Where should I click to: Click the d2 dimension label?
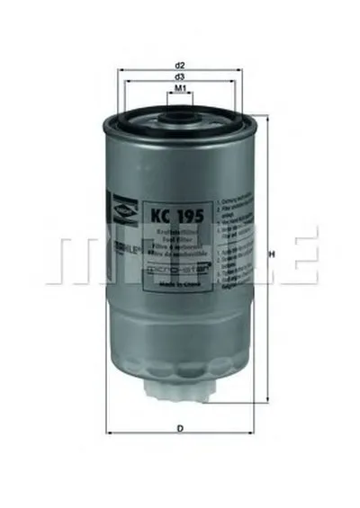point(180,66)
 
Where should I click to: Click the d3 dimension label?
point(180,78)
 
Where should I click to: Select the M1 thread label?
point(180,91)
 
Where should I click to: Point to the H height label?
point(272,254)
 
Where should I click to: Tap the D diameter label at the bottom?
point(181,427)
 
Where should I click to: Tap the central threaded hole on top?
point(180,115)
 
